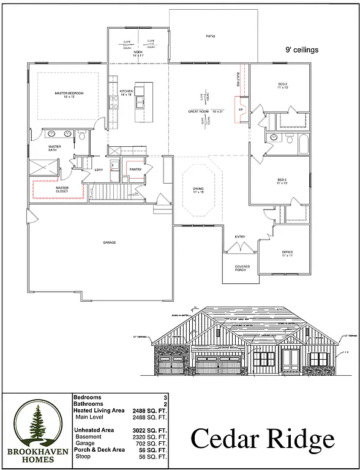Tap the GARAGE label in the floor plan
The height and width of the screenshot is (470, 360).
point(109,242)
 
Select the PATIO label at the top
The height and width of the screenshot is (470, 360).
point(210,37)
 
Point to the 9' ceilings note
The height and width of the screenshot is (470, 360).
point(302,51)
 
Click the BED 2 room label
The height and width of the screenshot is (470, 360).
point(282,85)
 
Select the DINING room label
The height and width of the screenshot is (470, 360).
point(197,190)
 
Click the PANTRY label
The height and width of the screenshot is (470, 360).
point(135,170)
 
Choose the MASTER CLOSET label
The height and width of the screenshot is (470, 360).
point(62,190)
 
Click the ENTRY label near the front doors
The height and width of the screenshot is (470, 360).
point(240,237)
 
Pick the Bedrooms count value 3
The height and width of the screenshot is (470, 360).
point(165,397)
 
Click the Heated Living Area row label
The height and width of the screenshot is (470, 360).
point(99,410)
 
